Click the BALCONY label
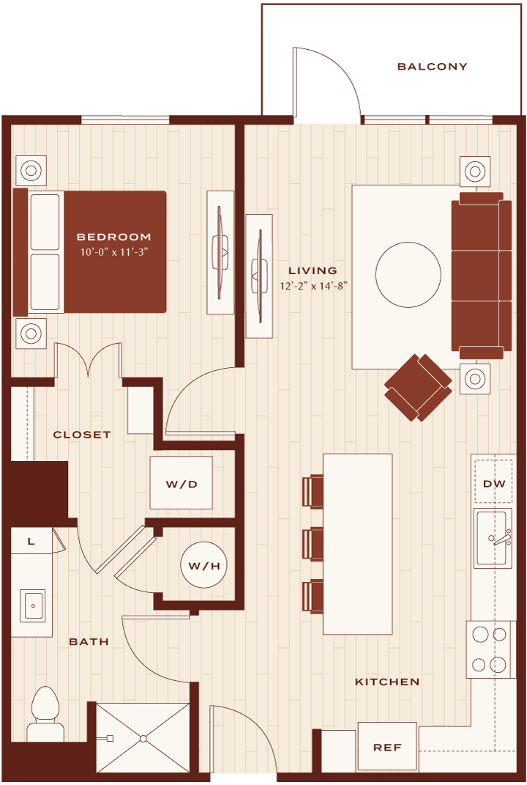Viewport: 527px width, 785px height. tap(432, 67)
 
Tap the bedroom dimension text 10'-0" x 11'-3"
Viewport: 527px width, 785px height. tap(114, 252)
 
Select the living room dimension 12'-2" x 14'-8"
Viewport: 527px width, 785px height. tap(313, 287)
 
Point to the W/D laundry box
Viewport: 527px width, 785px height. tap(181, 483)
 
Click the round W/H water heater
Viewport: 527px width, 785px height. tap(204, 566)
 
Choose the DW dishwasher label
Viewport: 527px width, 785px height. tap(494, 484)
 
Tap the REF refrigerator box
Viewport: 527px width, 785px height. tap(387, 747)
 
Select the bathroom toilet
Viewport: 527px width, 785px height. tap(45, 714)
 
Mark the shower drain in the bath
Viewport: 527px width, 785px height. tap(143, 738)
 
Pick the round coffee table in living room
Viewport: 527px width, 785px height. tap(408, 274)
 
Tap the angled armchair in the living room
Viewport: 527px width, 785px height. tap(419, 388)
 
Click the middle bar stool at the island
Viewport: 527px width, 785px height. tap(313, 543)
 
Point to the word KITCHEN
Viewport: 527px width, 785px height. tap(387, 682)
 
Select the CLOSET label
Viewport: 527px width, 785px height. tap(81, 435)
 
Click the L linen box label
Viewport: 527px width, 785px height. tap(31, 541)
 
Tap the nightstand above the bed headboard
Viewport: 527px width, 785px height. tap(31, 170)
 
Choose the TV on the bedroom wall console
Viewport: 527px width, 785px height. tap(220, 252)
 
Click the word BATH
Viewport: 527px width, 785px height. tap(89, 641)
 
